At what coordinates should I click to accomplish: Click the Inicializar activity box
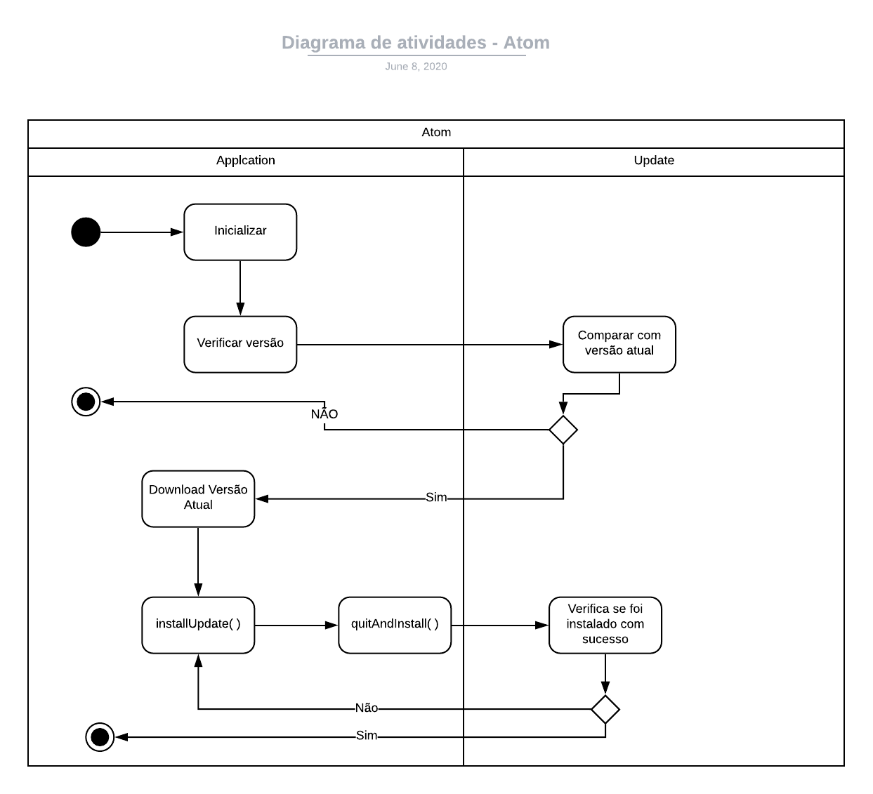(240, 232)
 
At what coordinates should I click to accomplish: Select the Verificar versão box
(240, 344)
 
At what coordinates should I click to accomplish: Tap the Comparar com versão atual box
(619, 344)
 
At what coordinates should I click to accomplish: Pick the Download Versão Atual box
(198, 498)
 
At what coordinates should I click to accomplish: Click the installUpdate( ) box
(198, 625)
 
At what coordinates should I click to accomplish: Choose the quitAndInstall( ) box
(395, 625)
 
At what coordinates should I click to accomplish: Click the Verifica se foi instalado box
(605, 625)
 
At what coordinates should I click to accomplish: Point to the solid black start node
(86, 232)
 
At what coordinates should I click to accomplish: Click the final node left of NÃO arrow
(86, 401)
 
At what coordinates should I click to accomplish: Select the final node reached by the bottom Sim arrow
(100, 737)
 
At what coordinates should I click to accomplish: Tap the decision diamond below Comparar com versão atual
(563, 430)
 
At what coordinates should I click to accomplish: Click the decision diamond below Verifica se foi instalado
(605, 709)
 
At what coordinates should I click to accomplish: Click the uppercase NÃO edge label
(324, 413)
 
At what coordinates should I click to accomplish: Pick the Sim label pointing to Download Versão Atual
(436, 497)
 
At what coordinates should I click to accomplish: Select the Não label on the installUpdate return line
(367, 708)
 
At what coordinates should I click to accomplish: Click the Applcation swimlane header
(245, 160)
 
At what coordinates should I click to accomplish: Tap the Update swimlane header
(654, 160)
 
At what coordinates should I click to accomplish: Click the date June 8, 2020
(416, 66)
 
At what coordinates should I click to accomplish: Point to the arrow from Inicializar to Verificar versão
(240, 288)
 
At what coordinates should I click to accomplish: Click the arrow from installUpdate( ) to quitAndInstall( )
(296, 626)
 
